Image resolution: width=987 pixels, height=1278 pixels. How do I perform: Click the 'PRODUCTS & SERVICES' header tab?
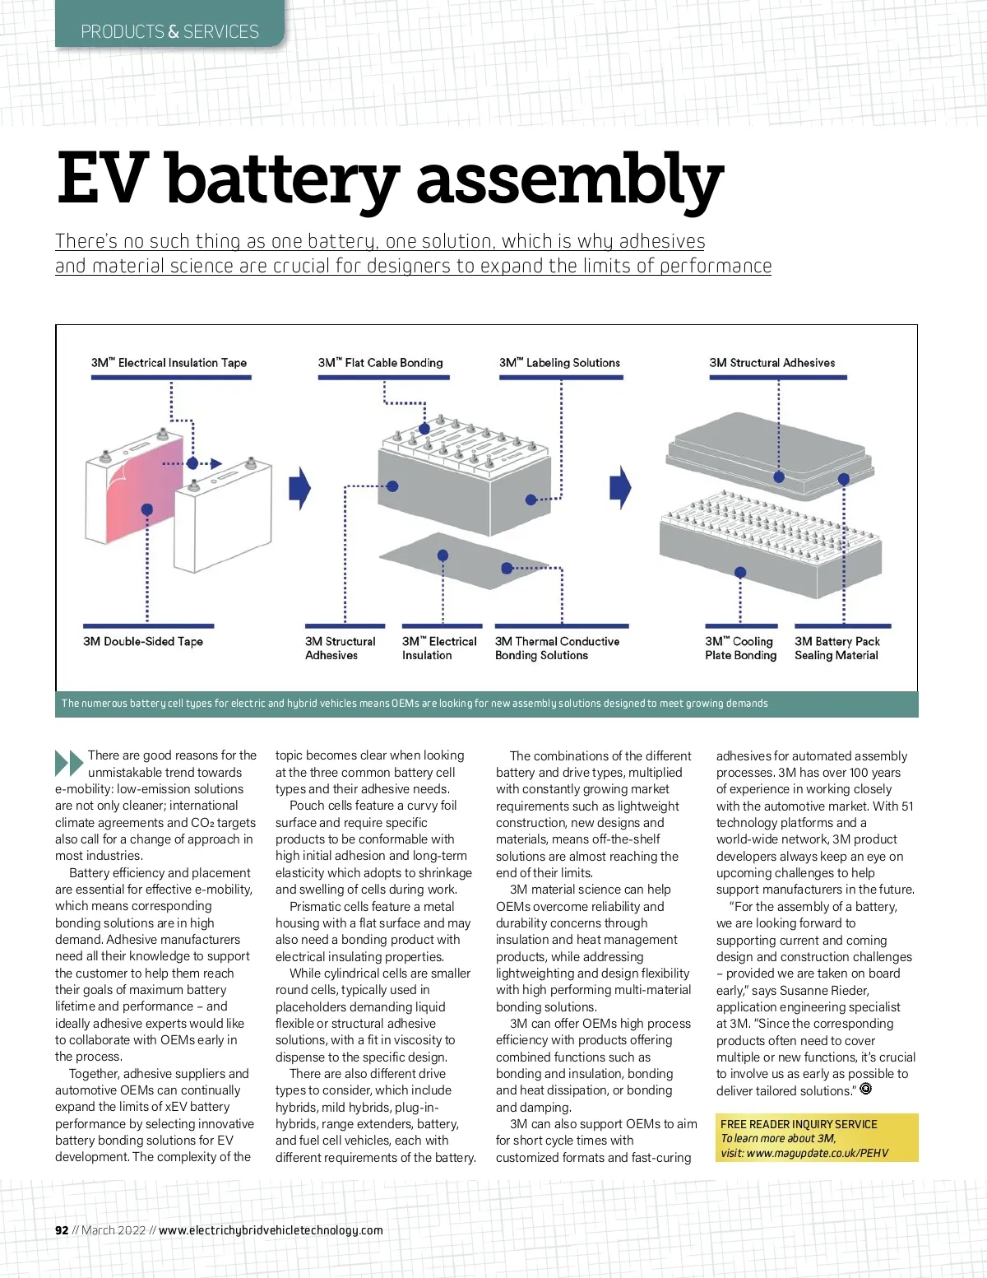169,32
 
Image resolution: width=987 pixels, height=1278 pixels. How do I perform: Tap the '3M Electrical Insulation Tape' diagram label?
169,363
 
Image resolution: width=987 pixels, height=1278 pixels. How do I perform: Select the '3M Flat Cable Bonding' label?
380,363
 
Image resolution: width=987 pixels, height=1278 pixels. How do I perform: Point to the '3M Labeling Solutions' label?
559,363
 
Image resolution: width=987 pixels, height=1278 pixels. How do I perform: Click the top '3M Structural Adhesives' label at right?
772,363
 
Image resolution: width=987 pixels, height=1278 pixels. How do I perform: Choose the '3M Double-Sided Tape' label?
143,642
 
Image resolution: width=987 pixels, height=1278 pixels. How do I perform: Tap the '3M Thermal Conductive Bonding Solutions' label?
557,648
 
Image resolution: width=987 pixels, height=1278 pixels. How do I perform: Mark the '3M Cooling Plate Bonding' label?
740,648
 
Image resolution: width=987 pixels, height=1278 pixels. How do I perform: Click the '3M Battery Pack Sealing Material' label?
836,648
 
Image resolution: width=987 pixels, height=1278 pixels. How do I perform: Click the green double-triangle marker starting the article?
69,763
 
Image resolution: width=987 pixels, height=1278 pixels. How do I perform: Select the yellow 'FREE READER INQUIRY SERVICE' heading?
799,1124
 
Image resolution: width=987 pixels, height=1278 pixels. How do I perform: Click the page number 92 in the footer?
62,1230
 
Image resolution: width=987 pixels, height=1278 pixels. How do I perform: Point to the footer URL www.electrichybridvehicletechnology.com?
271,1230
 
